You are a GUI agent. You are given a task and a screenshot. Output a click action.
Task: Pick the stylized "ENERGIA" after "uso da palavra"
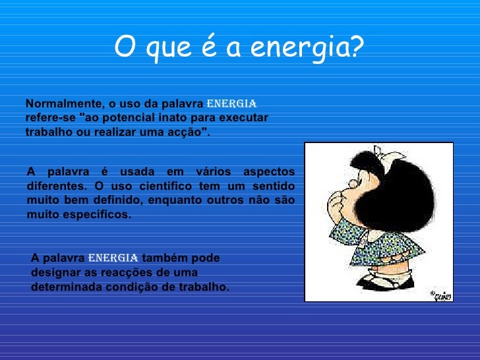coord(231,104)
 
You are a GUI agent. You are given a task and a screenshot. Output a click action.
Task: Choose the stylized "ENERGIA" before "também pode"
coord(113,258)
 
